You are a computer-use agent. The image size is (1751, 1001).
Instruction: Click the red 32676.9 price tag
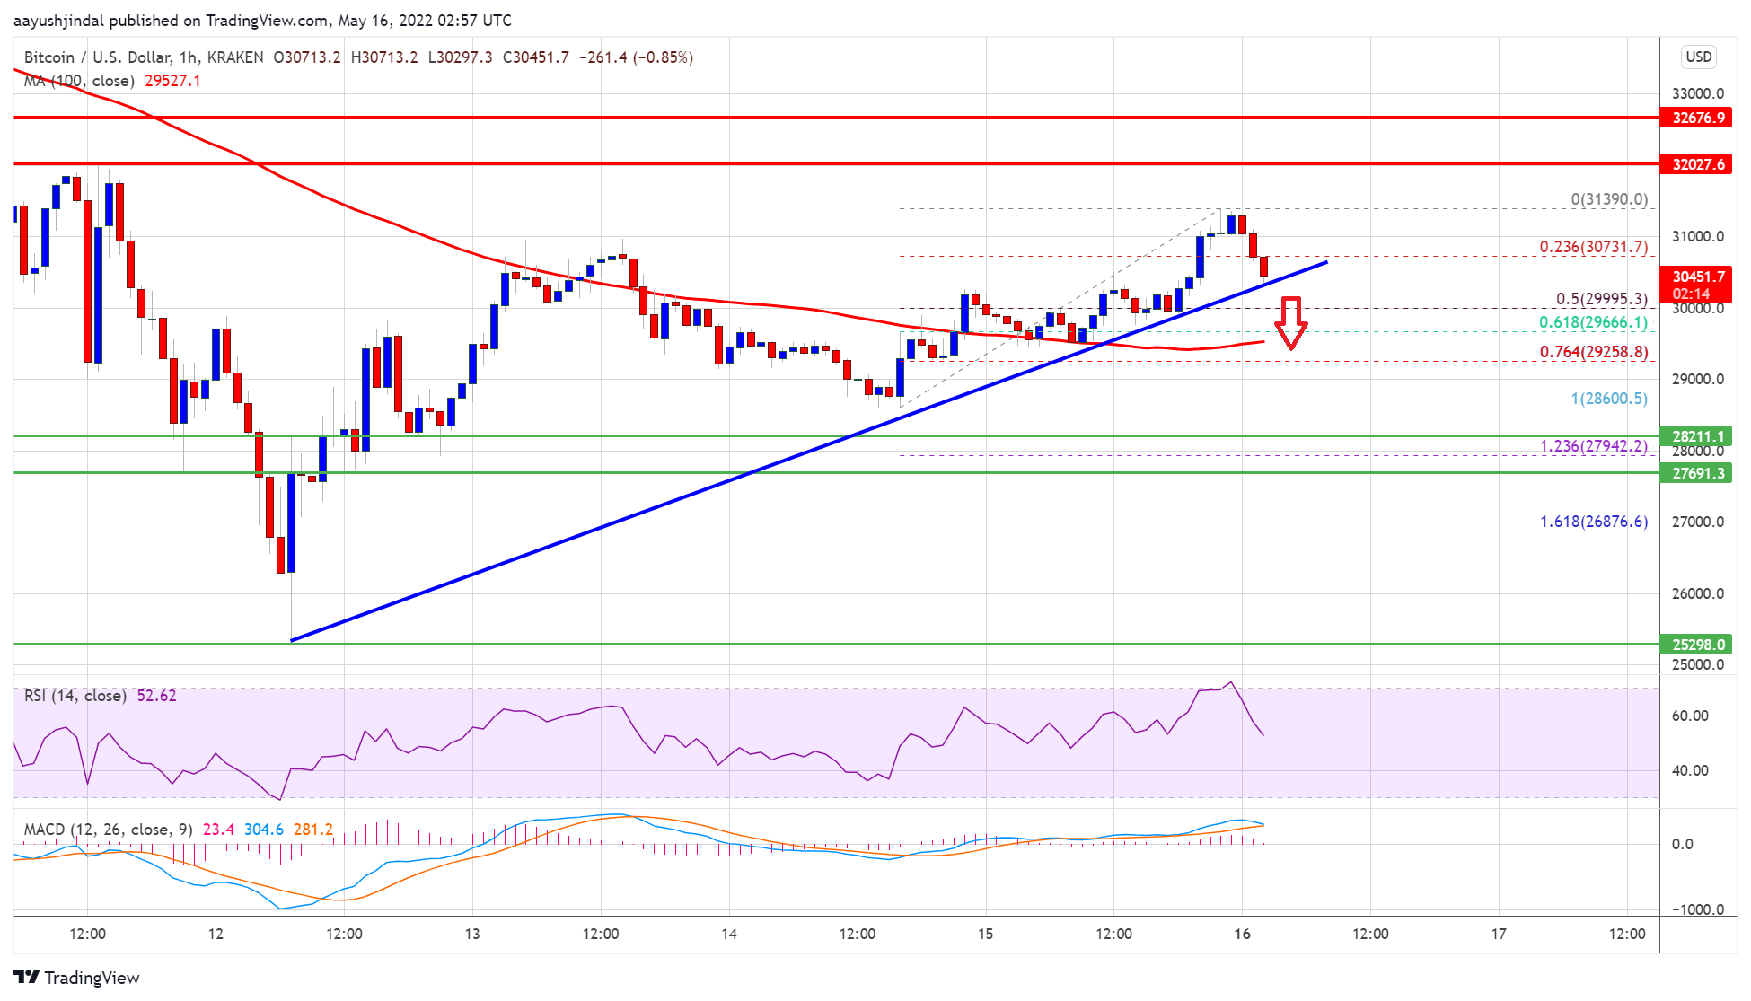(x=1696, y=118)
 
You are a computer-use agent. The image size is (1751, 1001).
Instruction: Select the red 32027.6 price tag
(x=1696, y=164)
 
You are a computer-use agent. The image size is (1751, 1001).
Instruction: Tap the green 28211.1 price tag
(x=1696, y=436)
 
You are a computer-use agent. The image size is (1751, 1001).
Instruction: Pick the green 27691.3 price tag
(x=1696, y=473)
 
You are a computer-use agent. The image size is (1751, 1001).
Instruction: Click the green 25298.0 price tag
(x=1696, y=645)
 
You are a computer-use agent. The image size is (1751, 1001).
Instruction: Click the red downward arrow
(x=1291, y=322)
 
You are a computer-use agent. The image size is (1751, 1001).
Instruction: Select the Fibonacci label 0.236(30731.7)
(x=1593, y=247)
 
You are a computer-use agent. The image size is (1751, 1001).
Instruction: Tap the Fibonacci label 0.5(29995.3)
(x=1601, y=299)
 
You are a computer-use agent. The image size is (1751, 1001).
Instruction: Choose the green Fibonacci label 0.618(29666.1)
(x=1593, y=322)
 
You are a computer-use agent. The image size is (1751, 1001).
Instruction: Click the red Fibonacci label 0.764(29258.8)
(x=1593, y=352)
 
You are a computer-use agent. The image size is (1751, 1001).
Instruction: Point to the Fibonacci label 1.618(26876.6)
(x=1593, y=522)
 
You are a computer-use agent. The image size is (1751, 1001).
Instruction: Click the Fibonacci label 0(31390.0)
(x=1608, y=199)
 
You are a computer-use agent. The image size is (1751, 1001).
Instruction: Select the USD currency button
(x=1698, y=57)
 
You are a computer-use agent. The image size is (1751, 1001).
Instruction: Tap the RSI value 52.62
(x=156, y=696)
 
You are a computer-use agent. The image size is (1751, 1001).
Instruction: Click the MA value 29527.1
(x=172, y=81)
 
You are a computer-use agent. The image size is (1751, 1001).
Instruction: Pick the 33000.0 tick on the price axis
(x=1697, y=93)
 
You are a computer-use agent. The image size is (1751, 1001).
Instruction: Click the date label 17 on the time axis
(x=1499, y=934)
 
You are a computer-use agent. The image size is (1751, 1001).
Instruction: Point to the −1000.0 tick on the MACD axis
(x=1697, y=909)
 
